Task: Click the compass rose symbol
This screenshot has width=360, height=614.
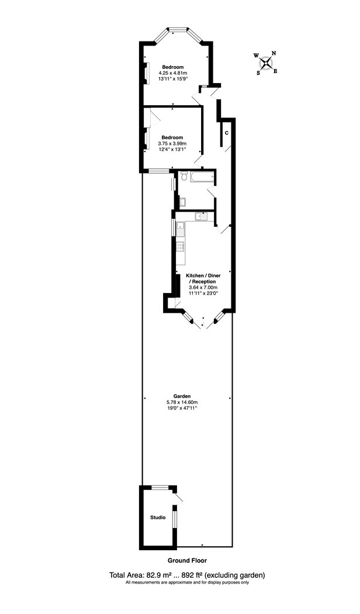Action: pyautogui.click(x=266, y=63)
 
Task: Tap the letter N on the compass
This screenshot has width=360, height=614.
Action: pyautogui.click(x=274, y=53)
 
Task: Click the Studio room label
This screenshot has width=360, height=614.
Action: pyautogui.click(x=158, y=518)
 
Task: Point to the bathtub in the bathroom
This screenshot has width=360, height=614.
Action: pyautogui.click(x=203, y=177)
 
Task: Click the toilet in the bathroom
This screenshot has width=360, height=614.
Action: pyautogui.click(x=183, y=178)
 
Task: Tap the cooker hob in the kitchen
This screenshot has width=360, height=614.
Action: pyautogui.click(x=181, y=247)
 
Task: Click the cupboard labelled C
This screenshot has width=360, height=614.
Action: pyautogui.click(x=226, y=133)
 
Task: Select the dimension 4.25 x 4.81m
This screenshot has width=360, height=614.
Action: pyautogui.click(x=173, y=73)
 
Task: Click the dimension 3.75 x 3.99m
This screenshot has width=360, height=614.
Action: pyautogui.click(x=172, y=143)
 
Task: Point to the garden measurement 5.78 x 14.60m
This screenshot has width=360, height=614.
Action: pyautogui.click(x=188, y=402)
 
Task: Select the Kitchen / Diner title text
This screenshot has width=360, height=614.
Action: pyautogui.click(x=203, y=275)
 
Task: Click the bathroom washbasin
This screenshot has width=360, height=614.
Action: pyautogui.click(x=182, y=202)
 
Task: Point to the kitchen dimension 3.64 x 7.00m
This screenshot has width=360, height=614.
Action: pyautogui.click(x=203, y=287)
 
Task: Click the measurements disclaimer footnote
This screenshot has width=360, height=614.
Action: pyautogui.click(x=188, y=582)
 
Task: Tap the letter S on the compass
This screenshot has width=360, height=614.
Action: pyautogui.click(x=258, y=73)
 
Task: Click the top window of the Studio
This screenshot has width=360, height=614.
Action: pyautogui.click(x=161, y=488)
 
